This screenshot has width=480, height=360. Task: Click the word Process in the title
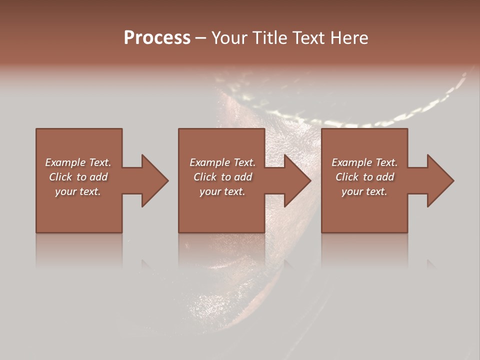tap(157, 38)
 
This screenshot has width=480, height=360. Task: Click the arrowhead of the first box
tap(154, 180)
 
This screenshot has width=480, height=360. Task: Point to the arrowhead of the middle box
tap(297, 180)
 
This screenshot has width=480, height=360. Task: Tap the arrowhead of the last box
tap(439, 180)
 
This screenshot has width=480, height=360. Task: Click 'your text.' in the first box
tap(78, 191)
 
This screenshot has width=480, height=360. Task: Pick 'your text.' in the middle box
tap(222, 191)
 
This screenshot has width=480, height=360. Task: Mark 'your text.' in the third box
tap(364, 191)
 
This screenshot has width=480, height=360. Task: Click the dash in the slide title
tap(201, 38)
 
